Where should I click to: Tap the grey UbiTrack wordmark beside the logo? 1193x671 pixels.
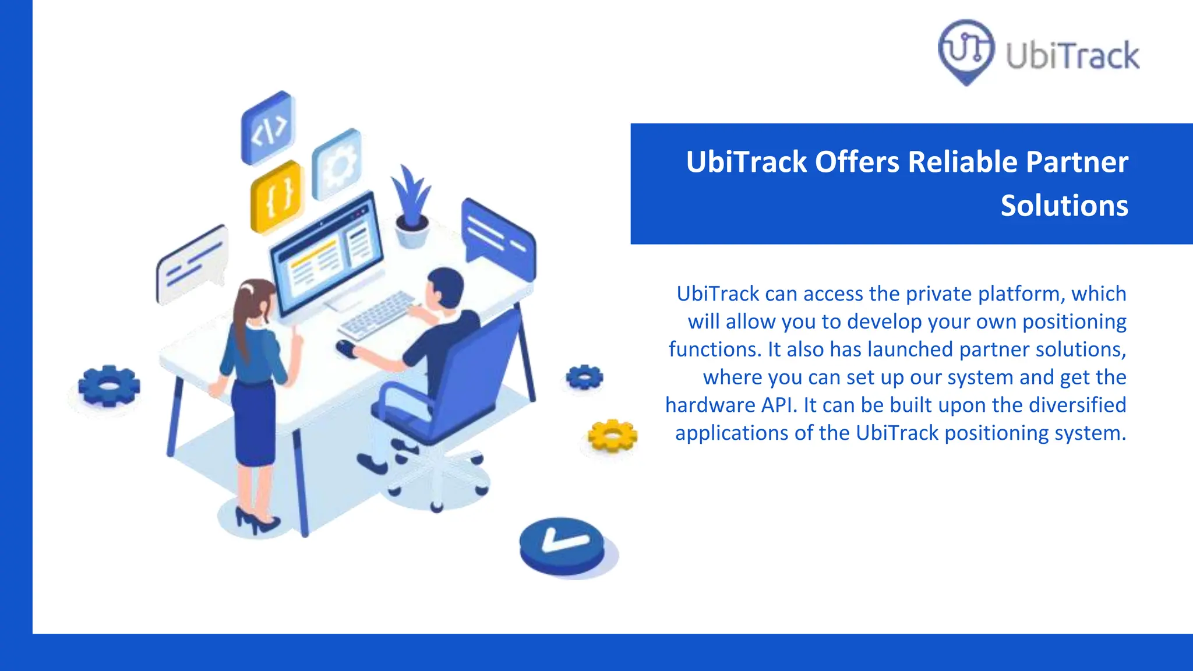tap(1072, 56)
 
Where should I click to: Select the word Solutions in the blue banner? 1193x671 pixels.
tap(1064, 206)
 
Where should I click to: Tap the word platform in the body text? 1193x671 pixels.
tap(1021, 294)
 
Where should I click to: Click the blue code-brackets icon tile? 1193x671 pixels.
tap(269, 128)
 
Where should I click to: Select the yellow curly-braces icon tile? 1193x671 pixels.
tap(277, 196)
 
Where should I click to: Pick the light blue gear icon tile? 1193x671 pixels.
tap(337, 165)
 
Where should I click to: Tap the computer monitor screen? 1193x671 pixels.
tap(327, 256)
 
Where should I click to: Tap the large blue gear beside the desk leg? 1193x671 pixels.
tap(109, 385)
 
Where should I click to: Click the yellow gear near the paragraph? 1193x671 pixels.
tap(612, 435)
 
